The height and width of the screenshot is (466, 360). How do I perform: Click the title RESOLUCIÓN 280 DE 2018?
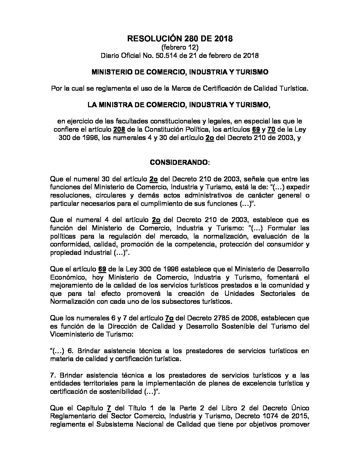180,39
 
